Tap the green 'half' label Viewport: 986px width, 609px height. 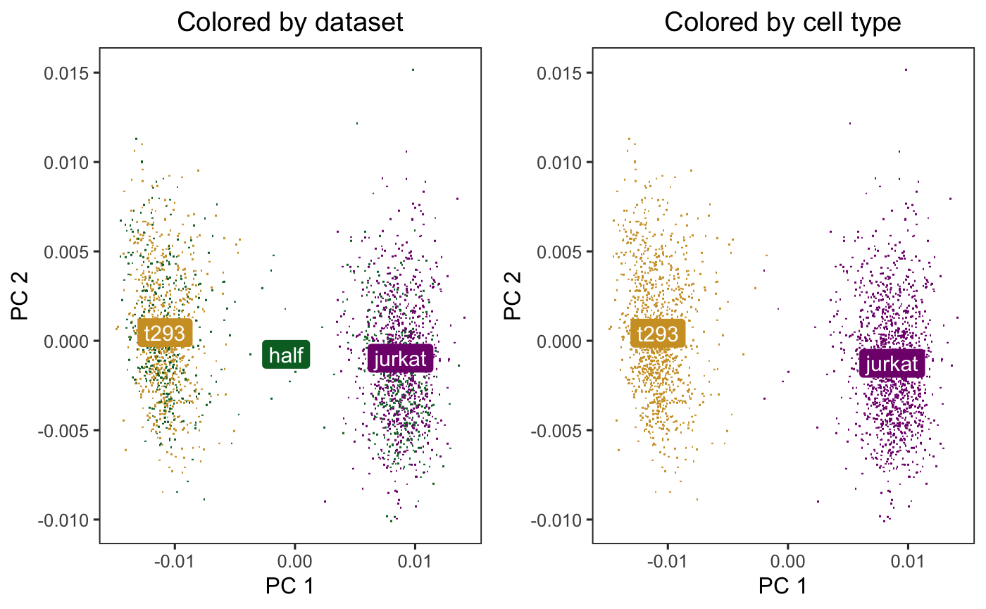coord(286,355)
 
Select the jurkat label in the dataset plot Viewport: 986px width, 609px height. coord(400,359)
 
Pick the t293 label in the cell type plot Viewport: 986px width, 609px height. coord(659,333)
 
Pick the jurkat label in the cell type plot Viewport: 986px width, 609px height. coord(892,363)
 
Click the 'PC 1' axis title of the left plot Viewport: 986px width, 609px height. coord(289,586)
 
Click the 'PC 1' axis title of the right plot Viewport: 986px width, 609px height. coord(782,586)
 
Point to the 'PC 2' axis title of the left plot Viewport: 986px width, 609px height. coord(22,296)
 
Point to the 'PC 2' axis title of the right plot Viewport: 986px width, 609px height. coord(515,296)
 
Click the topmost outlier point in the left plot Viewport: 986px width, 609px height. coord(413,70)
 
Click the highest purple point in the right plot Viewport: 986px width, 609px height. coord(906,70)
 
